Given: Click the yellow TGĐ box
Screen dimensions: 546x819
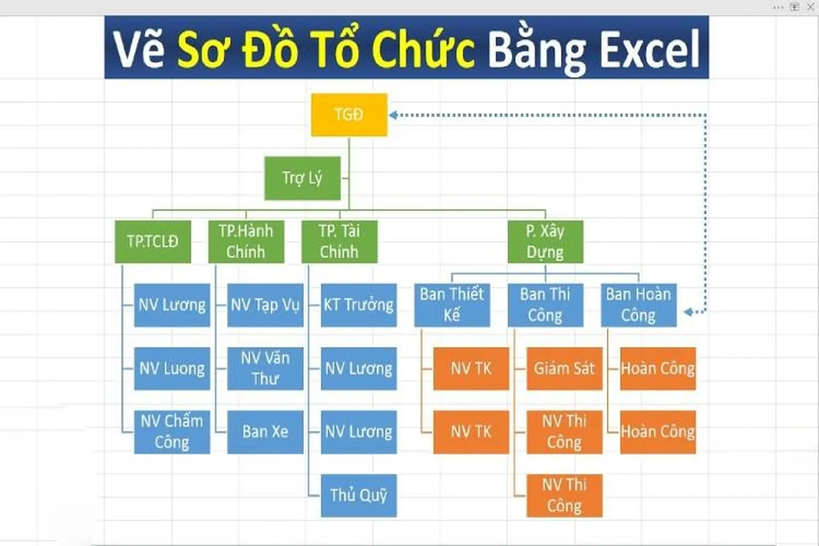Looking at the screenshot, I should pos(349,115).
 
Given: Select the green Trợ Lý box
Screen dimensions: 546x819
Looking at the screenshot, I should pos(302,178).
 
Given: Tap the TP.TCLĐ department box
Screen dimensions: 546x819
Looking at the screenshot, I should pos(153,241).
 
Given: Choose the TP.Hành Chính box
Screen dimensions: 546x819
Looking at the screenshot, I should pos(246,241).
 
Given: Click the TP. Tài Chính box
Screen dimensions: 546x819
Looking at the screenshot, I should pos(339,241).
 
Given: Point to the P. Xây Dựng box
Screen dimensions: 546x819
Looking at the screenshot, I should pos(545,241).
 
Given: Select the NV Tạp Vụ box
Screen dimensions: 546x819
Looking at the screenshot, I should pos(265,305).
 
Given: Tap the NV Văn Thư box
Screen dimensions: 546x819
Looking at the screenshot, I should pos(265,368).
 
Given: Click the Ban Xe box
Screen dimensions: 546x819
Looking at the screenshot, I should pos(265,432).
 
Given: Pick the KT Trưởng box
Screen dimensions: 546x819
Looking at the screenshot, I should pos(358,305).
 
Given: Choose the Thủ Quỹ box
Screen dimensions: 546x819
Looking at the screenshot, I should pos(358,495).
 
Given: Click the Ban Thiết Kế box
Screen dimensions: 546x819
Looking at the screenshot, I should pos(452,305).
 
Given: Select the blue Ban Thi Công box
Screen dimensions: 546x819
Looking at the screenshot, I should pos(545,305).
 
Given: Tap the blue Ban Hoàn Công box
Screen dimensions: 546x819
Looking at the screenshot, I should pos(639,305).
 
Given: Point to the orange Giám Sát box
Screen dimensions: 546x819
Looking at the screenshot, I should pos(564,368).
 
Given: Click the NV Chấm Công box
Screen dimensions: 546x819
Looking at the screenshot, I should pos(172,432).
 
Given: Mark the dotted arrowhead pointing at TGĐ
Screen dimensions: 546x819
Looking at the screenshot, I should pos(393,115).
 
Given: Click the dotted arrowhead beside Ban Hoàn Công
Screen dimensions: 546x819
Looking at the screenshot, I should pos(688,312).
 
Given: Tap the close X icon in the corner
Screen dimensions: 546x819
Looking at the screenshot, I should pos(810,7).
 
